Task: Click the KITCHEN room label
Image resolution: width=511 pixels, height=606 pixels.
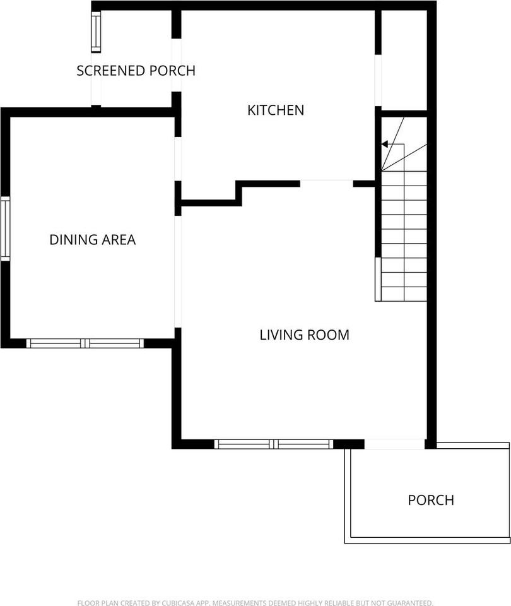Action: click(276, 110)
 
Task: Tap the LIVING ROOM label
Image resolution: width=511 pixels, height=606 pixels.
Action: click(304, 335)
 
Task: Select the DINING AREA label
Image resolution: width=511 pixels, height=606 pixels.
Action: click(93, 240)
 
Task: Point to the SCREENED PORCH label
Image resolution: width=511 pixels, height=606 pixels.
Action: click(136, 71)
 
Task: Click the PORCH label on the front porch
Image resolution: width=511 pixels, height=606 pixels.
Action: click(431, 500)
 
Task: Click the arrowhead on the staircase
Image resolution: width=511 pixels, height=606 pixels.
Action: click(384, 144)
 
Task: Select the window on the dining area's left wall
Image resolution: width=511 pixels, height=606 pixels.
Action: click(6, 229)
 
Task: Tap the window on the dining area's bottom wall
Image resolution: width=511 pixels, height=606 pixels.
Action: click(85, 343)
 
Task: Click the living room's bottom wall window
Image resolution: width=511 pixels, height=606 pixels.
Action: click(273, 444)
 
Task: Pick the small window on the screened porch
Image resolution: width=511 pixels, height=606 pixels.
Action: click(96, 32)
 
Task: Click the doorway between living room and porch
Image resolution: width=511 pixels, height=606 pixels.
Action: click(394, 444)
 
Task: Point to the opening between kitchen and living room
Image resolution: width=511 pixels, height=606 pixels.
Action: click(327, 184)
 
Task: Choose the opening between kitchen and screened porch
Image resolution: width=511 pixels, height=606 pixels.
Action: click(176, 65)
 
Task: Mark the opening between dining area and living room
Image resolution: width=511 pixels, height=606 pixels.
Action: click(178, 271)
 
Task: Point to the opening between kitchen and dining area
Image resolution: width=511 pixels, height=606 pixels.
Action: click(178, 159)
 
